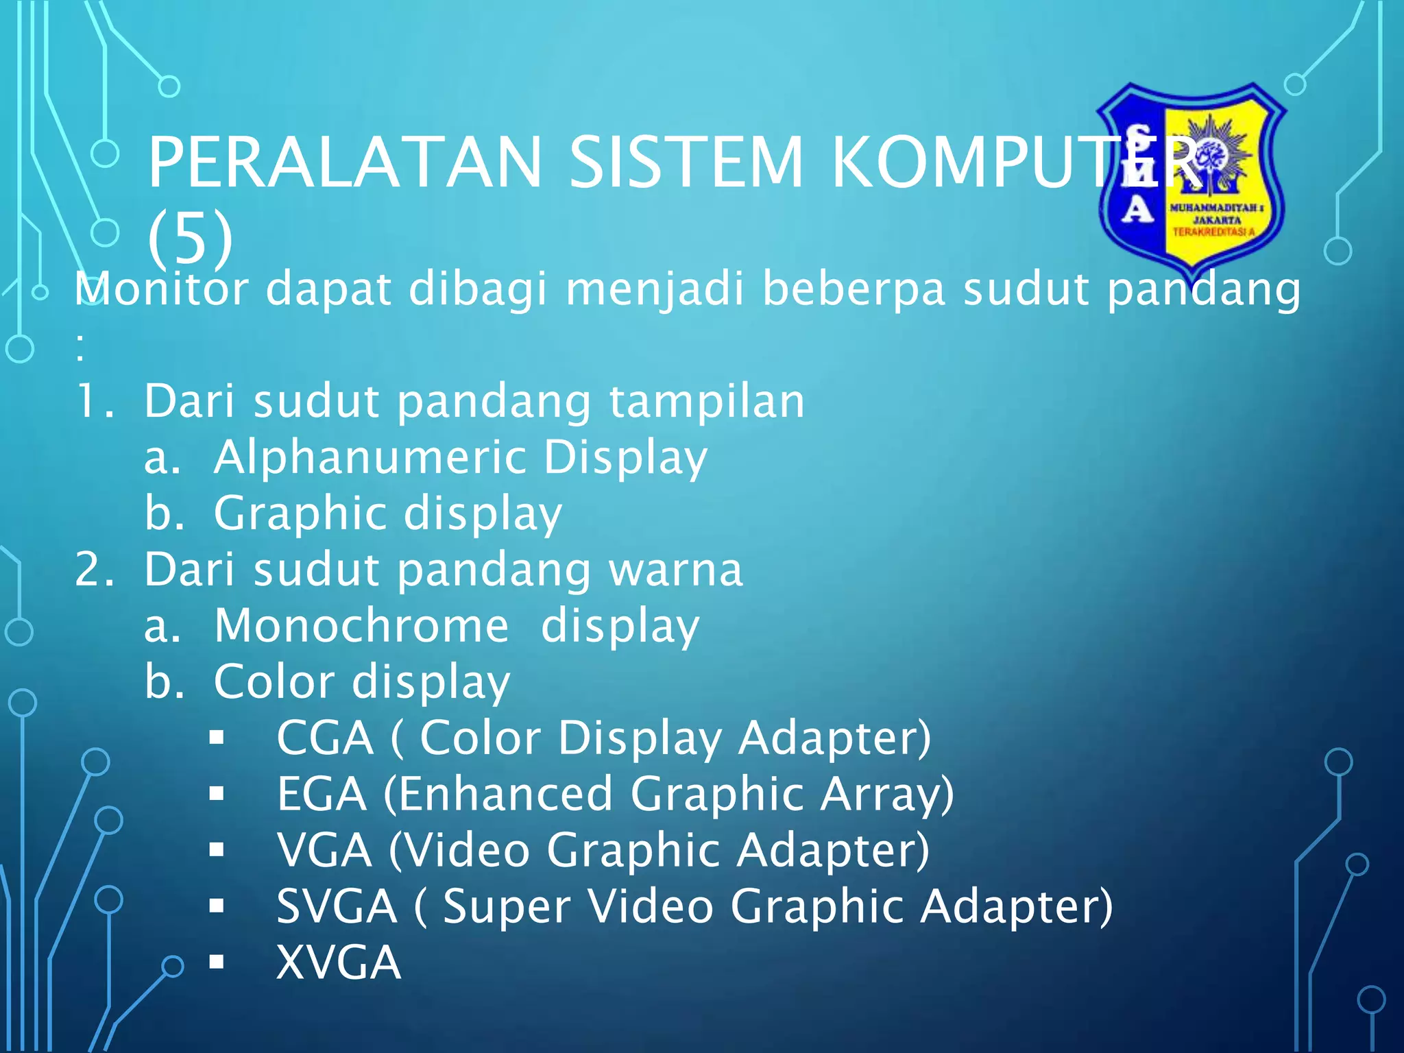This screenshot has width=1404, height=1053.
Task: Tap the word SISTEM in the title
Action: pos(686,162)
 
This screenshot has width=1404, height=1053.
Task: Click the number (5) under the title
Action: pos(190,238)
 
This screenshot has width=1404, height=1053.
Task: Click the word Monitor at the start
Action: pos(161,289)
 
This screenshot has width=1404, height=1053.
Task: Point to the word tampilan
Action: pos(707,401)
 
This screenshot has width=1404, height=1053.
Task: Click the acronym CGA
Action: pos(325,738)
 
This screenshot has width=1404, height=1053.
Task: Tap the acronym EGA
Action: pos(322,795)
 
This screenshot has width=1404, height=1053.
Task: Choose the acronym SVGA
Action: pos(337,906)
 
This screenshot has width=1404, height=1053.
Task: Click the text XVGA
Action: pos(338,963)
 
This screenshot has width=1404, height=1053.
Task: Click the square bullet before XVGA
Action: pos(217,963)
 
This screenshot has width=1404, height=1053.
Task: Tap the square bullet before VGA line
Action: pos(217,851)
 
